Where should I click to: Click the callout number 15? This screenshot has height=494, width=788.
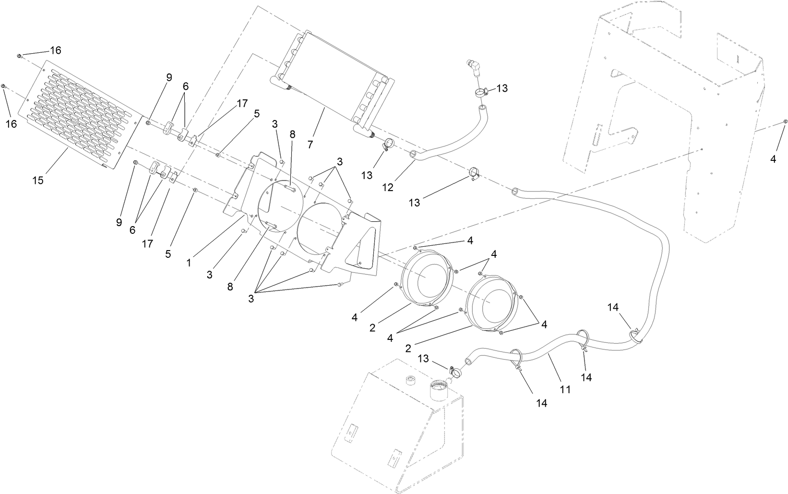38,181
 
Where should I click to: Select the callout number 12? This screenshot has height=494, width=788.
388,187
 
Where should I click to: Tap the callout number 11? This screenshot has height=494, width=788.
565,389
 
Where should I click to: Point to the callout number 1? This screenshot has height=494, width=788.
189,263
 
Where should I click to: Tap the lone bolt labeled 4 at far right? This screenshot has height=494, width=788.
785,121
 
